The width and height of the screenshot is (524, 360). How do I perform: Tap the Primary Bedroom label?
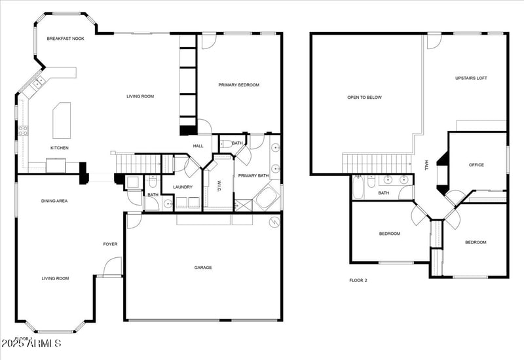[238, 85]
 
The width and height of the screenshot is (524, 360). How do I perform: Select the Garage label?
[203, 267]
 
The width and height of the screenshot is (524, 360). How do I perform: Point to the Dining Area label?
[54, 201]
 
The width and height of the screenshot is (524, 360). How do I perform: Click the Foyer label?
[110, 244]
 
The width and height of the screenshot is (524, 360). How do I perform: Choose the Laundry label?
[182, 188]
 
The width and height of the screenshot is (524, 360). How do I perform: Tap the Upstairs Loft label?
[471, 79]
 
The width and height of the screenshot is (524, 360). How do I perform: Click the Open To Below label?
[364, 98]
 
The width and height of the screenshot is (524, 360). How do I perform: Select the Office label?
[476, 165]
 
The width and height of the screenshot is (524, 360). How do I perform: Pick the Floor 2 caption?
[358, 279]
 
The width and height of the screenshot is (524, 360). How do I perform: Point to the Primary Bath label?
[253, 175]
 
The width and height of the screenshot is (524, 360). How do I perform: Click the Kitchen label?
[60, 148]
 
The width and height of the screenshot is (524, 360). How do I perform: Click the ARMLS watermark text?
[31, 344]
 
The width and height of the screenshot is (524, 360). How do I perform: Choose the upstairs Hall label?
[426, 164]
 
